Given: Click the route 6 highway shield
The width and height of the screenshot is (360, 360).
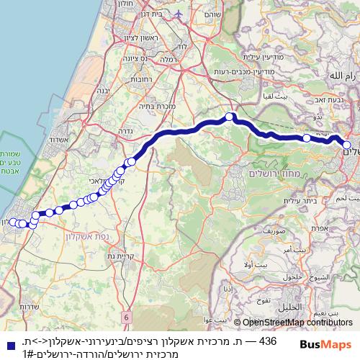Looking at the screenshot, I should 126,317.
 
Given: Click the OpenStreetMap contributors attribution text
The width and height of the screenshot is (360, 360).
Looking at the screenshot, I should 297,323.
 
